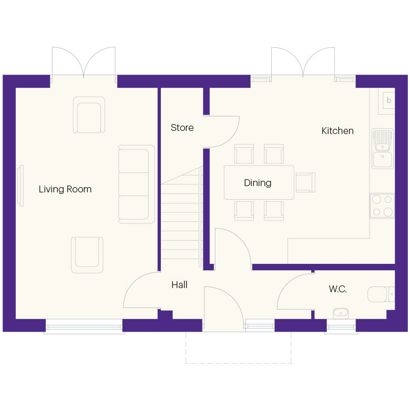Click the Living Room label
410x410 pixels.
[x=65, y=189]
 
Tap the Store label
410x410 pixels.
[x=182, y=128]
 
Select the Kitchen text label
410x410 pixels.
[x=337, y=131]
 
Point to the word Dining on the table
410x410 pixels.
[x=258, y=183]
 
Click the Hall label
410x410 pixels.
[x=179, y=285]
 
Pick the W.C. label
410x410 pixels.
[x=337, y=289]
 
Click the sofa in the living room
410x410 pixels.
[x=137, y=184]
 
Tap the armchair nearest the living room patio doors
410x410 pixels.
[x=89, y=115]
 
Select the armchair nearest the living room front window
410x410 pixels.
[x=87, y=254]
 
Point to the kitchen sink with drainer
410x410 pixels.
[x=383, y=149]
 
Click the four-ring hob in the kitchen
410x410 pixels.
[x=383, y=206]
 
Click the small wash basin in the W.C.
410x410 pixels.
[x=341, y=314]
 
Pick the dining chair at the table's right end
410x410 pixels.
[x=305, y=182]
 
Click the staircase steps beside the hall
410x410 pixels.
[x=181, y=221]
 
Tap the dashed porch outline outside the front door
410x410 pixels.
[x=238, y=363]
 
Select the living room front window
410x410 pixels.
[x=84, y=327]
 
